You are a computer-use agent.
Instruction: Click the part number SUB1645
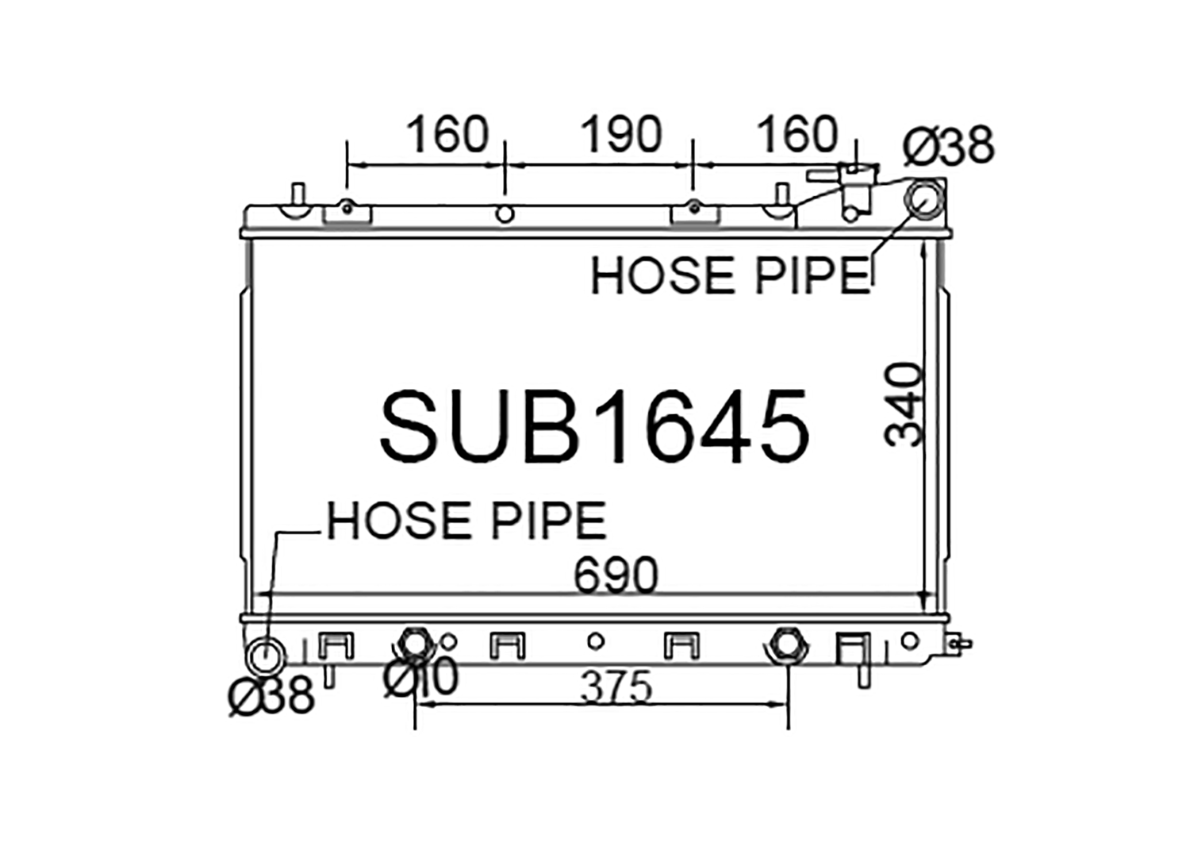point(595,426)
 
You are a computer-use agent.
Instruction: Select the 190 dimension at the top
point(621,134)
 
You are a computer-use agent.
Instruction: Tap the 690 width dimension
point(616,575)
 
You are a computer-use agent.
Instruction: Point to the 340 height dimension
point(903,404)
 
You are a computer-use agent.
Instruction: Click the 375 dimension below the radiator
point(616,687)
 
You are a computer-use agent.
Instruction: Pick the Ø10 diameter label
point(420,676)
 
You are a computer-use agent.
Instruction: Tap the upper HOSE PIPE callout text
point(731,275)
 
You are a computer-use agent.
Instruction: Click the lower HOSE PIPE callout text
point(466,520)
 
